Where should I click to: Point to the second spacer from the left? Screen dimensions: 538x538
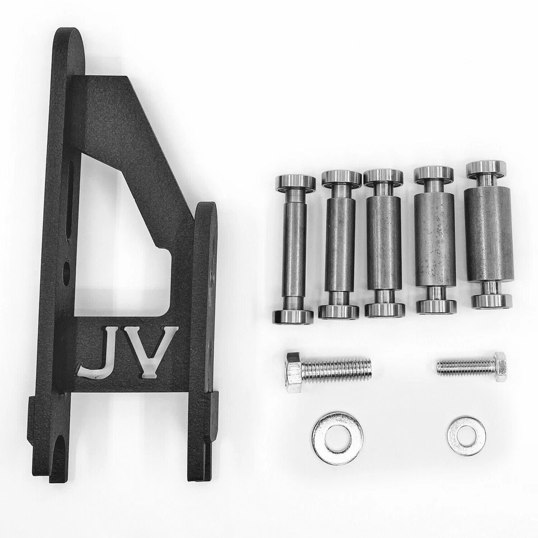[x=340, y=244]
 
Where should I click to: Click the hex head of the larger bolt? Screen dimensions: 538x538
[x=293, y=372]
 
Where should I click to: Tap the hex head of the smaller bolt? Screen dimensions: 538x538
[x=500, y=367]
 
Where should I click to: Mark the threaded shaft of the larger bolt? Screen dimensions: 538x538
[x=336, y=369]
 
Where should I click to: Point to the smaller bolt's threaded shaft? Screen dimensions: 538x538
[x=465, y=367]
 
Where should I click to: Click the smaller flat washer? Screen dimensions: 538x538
[x=466, y=435]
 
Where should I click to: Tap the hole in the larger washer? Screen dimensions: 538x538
[x=337, y=438]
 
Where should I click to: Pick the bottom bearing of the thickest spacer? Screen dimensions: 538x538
[x=491, y=300]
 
